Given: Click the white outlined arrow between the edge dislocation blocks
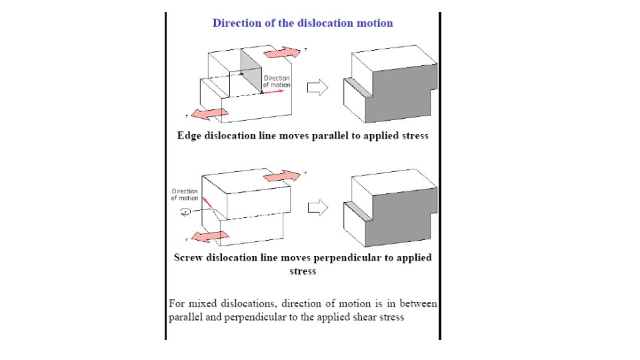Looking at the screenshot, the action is (317, 87).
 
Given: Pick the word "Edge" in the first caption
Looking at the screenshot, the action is (188, 135).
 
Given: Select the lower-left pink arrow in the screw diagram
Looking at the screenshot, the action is (209, 236).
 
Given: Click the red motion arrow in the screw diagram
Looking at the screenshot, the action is (207, 201).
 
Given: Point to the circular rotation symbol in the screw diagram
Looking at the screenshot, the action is (185, 212).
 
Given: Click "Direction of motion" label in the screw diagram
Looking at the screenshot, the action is (185, 195).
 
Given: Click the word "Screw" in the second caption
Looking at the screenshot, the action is (188, 257).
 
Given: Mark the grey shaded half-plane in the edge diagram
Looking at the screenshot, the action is (252, 70).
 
